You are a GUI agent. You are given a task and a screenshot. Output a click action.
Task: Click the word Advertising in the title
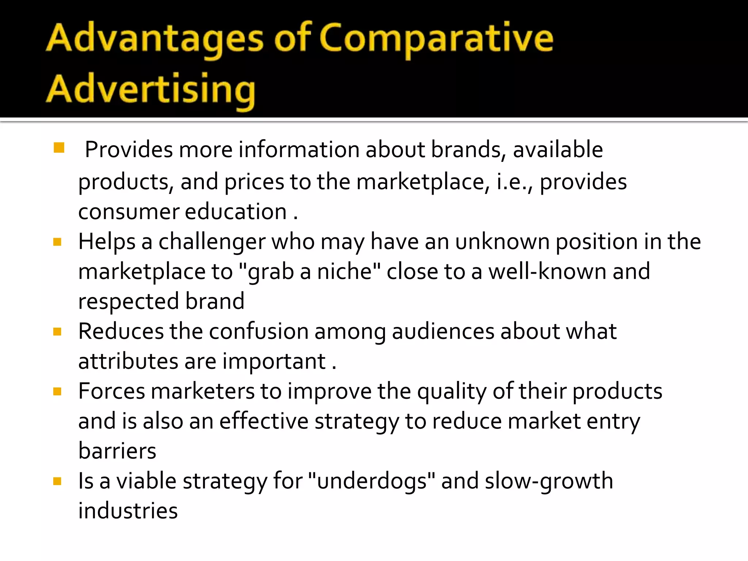tap(151, 89)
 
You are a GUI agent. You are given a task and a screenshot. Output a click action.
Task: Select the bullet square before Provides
tap(59, 148)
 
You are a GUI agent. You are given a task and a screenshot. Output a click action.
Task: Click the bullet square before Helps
tap(57, 242)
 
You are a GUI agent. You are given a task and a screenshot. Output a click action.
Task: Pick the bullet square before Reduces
tap(57, 332)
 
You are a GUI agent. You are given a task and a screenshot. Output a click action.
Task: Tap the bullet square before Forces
tap(57, 392)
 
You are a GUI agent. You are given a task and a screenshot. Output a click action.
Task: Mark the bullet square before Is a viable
tap(57, 481)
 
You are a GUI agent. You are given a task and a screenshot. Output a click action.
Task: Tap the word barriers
tap(117, 451)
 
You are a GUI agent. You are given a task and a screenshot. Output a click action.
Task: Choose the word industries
tap(128, 511)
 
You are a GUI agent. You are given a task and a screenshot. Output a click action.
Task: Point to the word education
tap(236, 212)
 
